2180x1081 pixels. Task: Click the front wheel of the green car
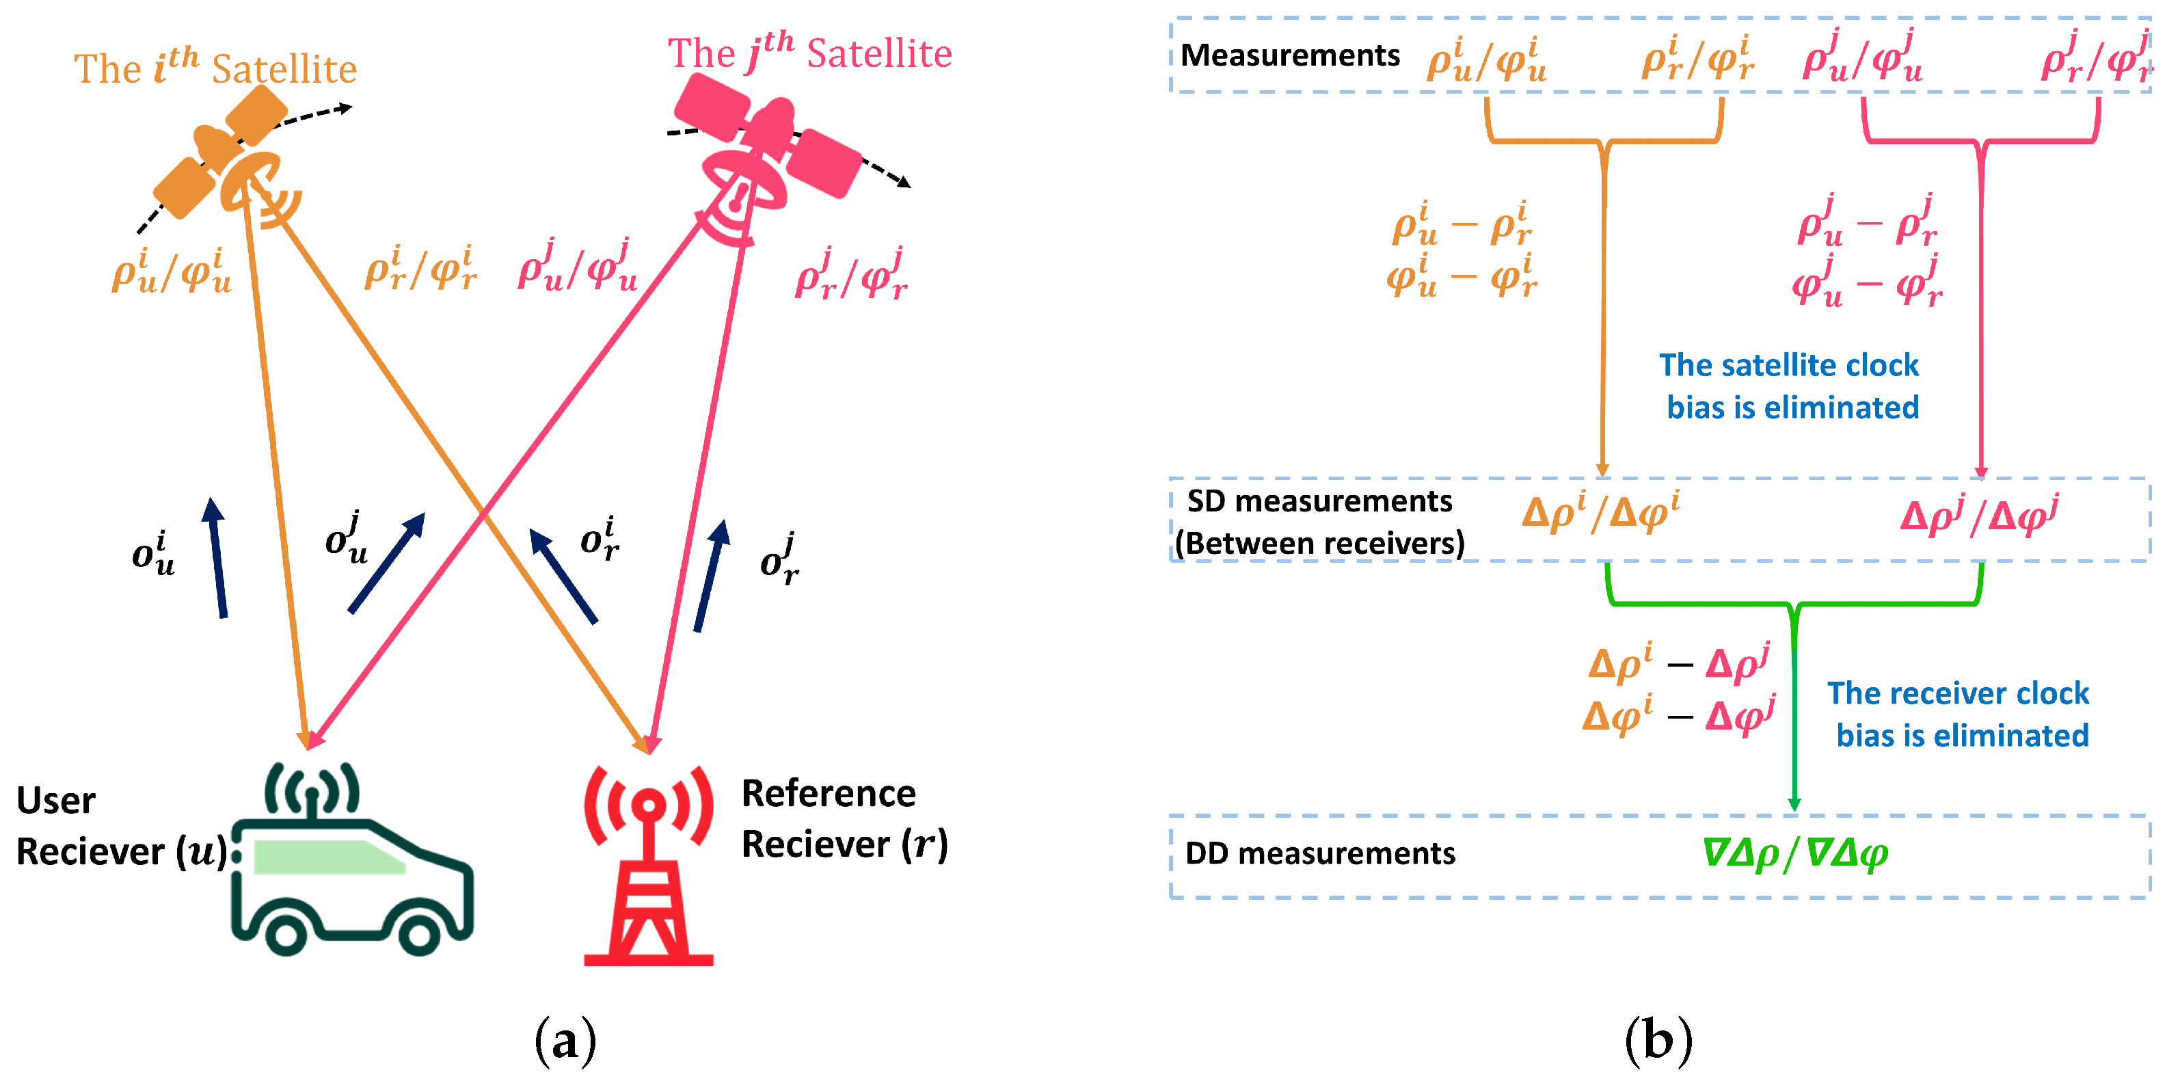[418, 935]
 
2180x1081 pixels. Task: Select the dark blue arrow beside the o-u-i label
[217, 559]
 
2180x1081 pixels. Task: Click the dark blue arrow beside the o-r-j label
[711, 576]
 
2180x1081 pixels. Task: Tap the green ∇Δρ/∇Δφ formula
[1794, 853]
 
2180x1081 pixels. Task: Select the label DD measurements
[1319, 853]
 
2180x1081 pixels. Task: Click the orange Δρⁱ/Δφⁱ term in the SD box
[1600, 513]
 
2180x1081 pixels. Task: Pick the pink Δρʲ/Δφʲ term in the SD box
[1978, 516]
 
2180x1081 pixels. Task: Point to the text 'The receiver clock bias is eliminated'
[1959, 714]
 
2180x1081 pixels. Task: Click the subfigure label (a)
[565, 1041]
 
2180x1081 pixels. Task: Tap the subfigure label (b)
[1658, 1041]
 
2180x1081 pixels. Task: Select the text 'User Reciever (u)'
[118, 826]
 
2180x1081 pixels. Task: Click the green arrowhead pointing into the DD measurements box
[1793, 804]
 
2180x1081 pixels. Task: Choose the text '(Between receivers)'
[1319, 544]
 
